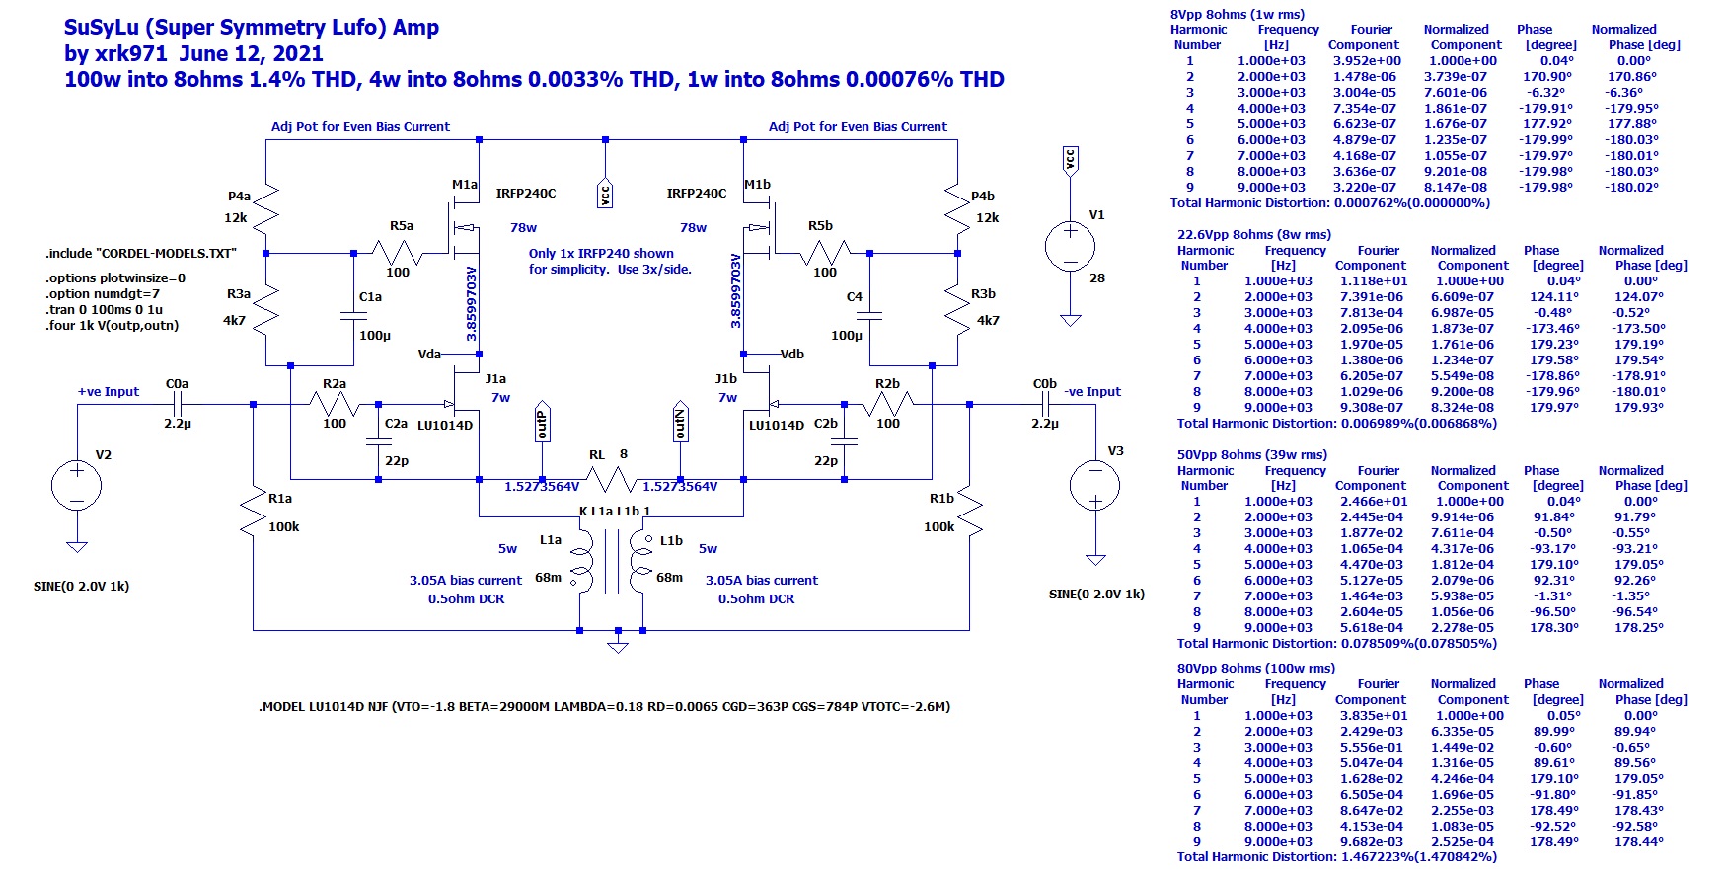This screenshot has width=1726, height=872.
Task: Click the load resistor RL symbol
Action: coord(610,480)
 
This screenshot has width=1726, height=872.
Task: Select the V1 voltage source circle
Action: coord(1070,246)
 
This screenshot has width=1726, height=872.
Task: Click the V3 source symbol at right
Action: coord(1095,486)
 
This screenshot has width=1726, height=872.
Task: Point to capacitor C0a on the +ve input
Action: coord(178,404)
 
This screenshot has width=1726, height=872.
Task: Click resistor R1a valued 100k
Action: coord(254,514)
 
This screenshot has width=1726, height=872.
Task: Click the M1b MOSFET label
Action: coord(757,185)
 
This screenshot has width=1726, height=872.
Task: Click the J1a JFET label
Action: coord(495,378)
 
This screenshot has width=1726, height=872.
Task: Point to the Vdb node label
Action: coord(791,354)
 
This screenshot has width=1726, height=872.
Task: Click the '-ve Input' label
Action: coord(1092,392)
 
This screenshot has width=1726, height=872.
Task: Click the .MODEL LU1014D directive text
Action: coord(604,707)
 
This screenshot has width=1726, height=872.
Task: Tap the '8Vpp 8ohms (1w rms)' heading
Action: coord(1237,15)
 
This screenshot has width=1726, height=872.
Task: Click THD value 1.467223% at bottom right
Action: coord(1379,857)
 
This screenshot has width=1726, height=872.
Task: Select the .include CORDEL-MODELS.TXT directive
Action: coord(141,254)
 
